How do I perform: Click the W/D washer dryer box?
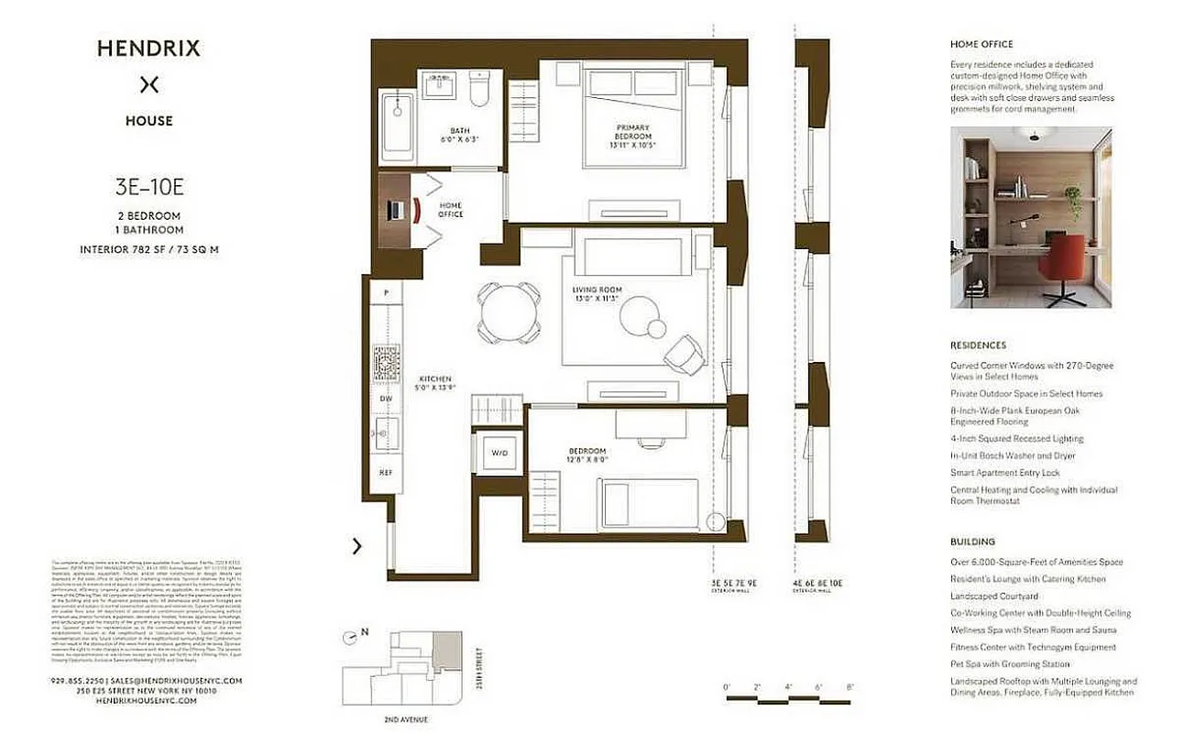[x=499, y=452]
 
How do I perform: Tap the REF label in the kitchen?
[x=387, y=473]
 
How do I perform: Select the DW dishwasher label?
[x=387, y=399]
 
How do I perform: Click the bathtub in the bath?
[x=398, y=124]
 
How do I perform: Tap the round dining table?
[x=508, y=311]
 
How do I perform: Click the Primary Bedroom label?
[x=633, y=136]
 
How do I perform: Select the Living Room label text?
[x=596, y=293]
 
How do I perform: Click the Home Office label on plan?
[x=451, y=210]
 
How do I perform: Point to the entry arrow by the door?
[x=356, y=546]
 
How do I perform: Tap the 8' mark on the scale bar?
[x=850, y=687]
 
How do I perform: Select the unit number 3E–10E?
[x=149, y=190]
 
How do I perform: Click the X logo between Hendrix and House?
[x=149, y=85]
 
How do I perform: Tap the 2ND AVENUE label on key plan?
[x=405, y=720]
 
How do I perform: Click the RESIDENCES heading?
[x=978, y=345]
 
